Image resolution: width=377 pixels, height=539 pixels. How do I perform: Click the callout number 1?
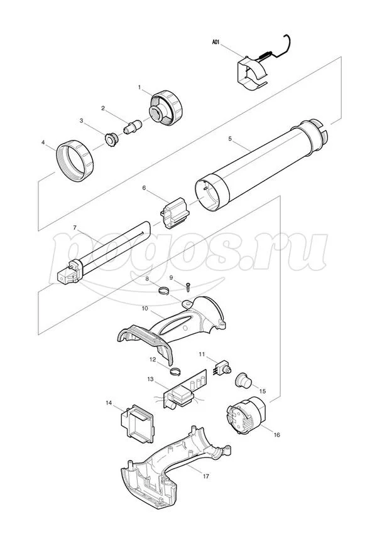click(139, 87)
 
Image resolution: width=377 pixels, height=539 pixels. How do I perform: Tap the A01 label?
click(216, 43)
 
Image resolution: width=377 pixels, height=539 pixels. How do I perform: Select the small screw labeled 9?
click(188, 286)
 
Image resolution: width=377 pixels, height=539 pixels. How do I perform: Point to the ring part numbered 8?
click(165, 291)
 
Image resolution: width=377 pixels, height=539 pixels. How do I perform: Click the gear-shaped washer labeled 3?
click(112, 141)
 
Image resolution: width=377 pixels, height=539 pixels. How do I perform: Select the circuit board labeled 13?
click(185, 389)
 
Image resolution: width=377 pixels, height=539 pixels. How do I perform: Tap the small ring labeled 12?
click(176, 371)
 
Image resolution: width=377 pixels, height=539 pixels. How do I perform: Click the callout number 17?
click(206, 476)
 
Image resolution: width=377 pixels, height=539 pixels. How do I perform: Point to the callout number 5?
click(230, 139)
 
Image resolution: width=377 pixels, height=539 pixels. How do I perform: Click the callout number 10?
click(145, 308)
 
